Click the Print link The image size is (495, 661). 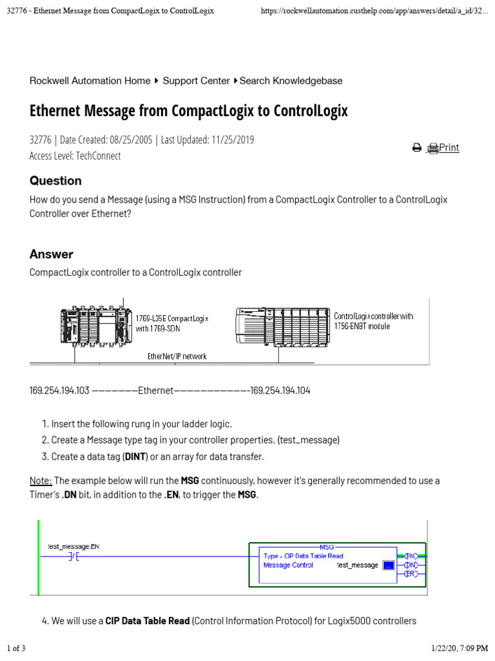449,148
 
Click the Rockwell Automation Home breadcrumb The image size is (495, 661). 90,81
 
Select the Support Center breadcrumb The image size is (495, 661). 196,81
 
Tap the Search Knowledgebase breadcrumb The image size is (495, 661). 291,81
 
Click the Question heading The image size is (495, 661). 55,181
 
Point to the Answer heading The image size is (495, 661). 52,254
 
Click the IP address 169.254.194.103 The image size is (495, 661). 60,391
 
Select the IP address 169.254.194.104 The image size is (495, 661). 280,391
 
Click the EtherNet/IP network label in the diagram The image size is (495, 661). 177,356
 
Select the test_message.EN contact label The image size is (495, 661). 74,547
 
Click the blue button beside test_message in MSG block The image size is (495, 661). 388,565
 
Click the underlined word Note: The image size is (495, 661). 41,481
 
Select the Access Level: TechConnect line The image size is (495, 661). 75,156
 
